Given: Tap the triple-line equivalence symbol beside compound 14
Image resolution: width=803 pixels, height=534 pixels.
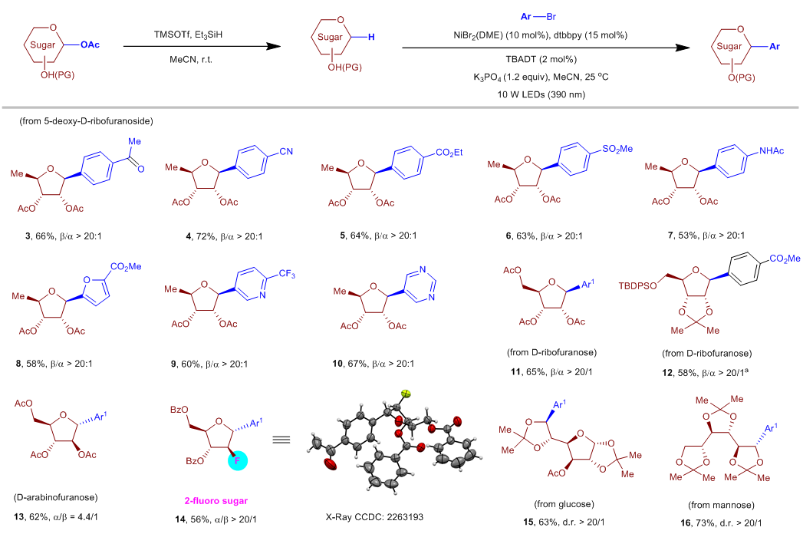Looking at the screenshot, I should [x=282, y=440].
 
